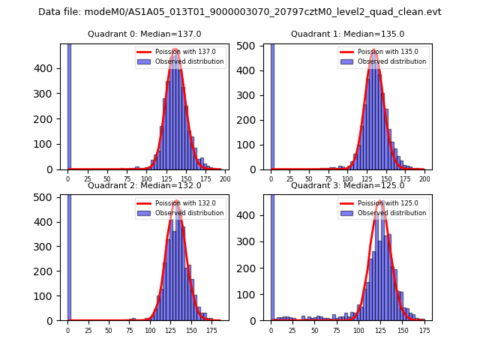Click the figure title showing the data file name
pos(240,12)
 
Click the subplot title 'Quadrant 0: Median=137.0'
pos(145,34)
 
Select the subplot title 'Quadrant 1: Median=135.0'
pos(348,34)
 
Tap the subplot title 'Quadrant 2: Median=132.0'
pos(145,185)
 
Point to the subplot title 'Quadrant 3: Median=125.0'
pos(348,185)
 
